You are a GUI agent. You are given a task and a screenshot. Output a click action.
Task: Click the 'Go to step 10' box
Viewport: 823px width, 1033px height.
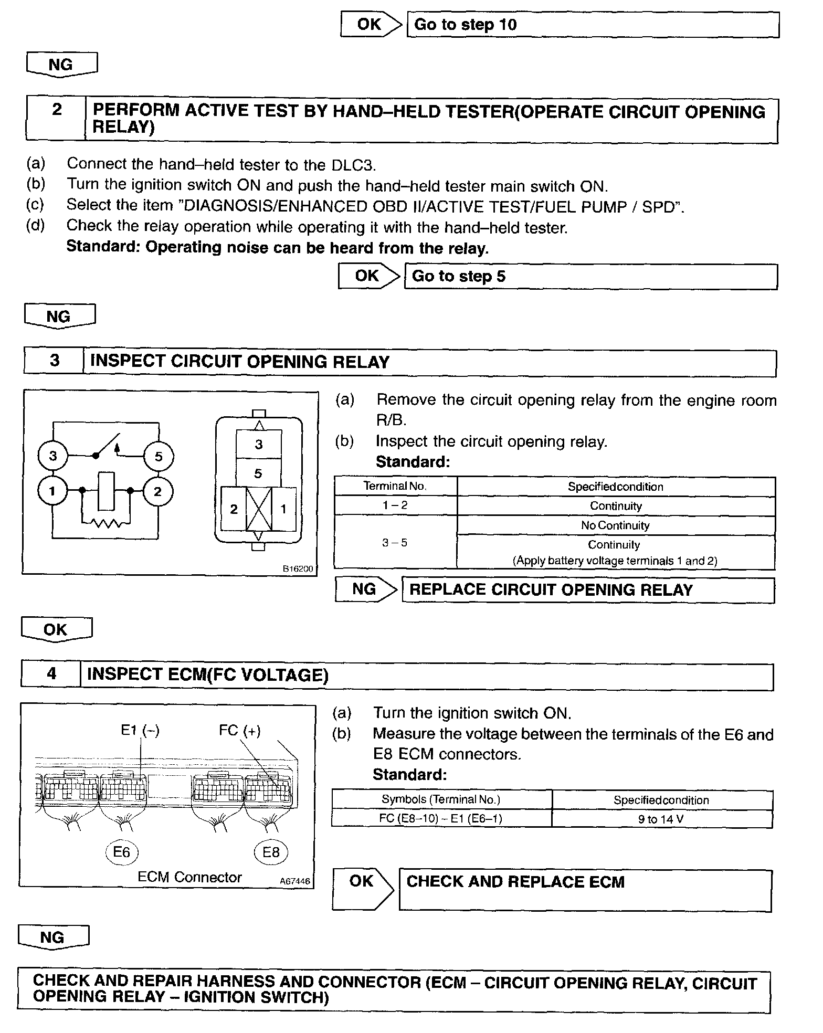point(593,25)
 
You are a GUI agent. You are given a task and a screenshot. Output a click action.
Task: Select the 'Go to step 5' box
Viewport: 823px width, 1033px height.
point(590,277)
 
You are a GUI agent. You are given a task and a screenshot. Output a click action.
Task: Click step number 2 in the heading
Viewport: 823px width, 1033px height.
point(57,110)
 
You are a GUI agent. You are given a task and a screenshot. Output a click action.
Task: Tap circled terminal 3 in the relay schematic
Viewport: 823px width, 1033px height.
point(53,456)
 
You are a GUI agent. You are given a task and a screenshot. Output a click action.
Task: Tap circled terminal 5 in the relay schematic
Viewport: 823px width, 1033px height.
point(159,456)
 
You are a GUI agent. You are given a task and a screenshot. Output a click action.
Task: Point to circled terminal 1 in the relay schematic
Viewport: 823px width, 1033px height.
point(52,491)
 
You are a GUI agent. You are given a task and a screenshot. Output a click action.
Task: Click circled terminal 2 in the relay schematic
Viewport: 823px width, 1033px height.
point(157,491)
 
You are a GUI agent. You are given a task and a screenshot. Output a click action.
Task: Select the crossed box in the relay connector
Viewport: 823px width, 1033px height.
point(259,508)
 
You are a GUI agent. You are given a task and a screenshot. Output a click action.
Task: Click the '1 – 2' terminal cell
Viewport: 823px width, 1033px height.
point(395,505)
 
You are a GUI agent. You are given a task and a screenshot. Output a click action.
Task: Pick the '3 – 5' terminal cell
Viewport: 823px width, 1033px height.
point(395,542)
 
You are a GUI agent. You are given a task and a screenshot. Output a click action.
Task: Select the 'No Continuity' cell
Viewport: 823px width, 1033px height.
point(615,525)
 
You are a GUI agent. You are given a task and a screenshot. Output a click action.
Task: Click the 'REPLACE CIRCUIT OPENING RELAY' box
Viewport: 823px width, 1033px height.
point(587,590)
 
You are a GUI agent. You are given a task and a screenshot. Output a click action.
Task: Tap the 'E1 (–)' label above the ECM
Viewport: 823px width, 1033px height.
point(140,730)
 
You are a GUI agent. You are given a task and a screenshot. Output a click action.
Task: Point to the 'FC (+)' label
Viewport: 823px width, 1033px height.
point(239,730)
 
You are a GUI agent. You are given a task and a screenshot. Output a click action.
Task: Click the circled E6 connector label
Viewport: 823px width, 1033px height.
point(122,851)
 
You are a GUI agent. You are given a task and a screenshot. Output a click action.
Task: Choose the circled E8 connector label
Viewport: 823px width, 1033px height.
point(271,851)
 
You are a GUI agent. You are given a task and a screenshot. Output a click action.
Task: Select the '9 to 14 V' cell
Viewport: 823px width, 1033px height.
point(661,819)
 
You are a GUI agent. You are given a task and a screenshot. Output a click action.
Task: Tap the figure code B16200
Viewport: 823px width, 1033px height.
point(298,568)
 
